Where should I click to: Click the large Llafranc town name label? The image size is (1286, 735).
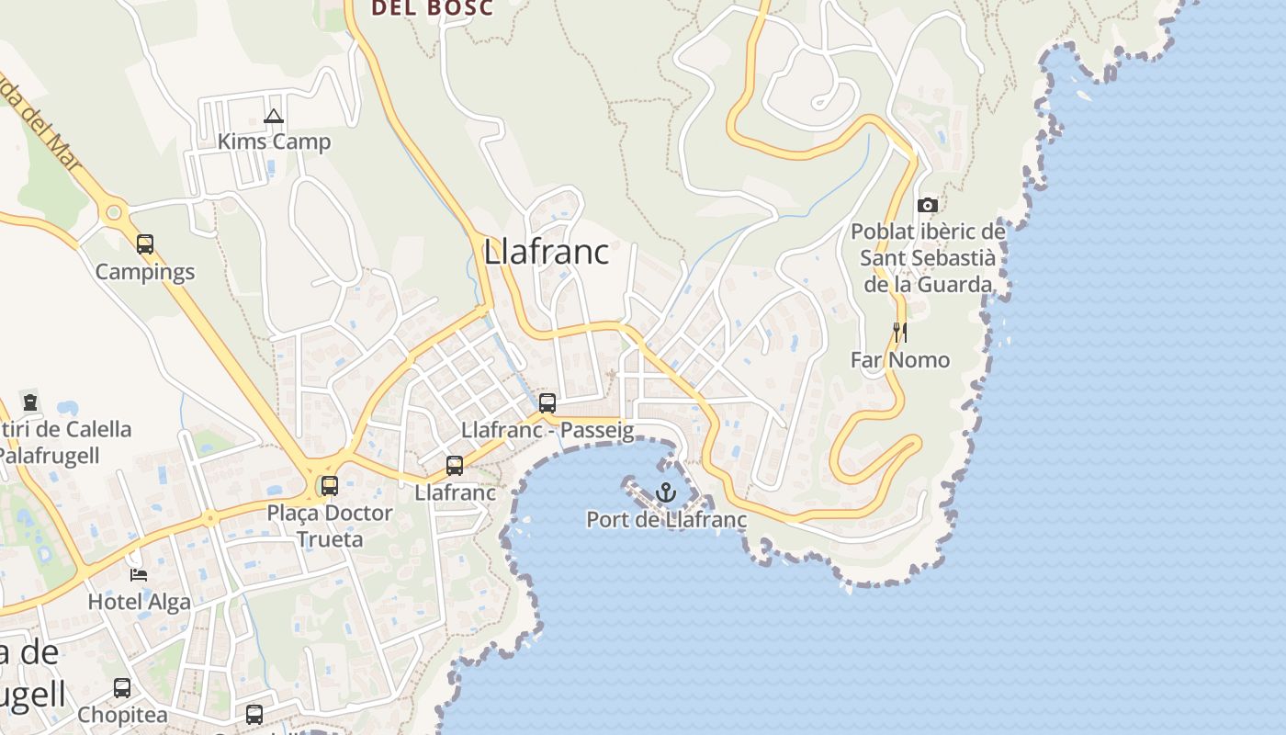coord(547,251)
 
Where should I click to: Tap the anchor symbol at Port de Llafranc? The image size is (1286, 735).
coord(666,492)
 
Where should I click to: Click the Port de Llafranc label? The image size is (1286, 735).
coord(666,520)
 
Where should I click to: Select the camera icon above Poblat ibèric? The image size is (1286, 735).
coord(928,205)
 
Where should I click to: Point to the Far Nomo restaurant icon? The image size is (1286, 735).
coord(900,333)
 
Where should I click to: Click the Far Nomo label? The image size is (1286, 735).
coord(900,359)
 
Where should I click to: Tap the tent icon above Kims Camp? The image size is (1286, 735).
coord(273,117)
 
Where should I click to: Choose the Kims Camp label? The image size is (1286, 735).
coord(274,142)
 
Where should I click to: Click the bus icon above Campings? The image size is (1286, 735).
coord(145,244)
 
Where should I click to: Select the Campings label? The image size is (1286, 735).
coord(145,272)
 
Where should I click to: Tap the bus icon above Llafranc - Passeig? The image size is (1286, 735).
coord(547,402)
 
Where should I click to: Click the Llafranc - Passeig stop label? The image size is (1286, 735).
coord(547,430)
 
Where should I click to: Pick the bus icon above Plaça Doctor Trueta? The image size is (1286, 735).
coord(329,486)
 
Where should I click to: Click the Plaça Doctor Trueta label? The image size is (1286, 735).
coord(330,526)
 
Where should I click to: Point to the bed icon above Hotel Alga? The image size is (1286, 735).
coord(139,575)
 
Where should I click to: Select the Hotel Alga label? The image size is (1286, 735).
coord(140,603)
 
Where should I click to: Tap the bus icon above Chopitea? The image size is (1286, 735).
coord(122,688)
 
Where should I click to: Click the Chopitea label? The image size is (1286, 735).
coord(122,715)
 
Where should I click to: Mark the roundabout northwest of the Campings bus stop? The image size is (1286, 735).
coord(114,213)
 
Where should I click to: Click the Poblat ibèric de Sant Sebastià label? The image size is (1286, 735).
coord(928,258)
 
